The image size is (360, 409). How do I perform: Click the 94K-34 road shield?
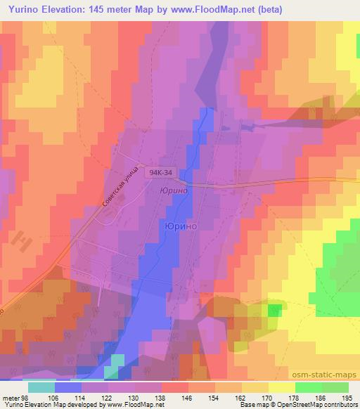coord(160,172)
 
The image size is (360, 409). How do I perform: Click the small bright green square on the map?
coord(274,310)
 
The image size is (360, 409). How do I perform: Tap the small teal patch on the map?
coord(116,360)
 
